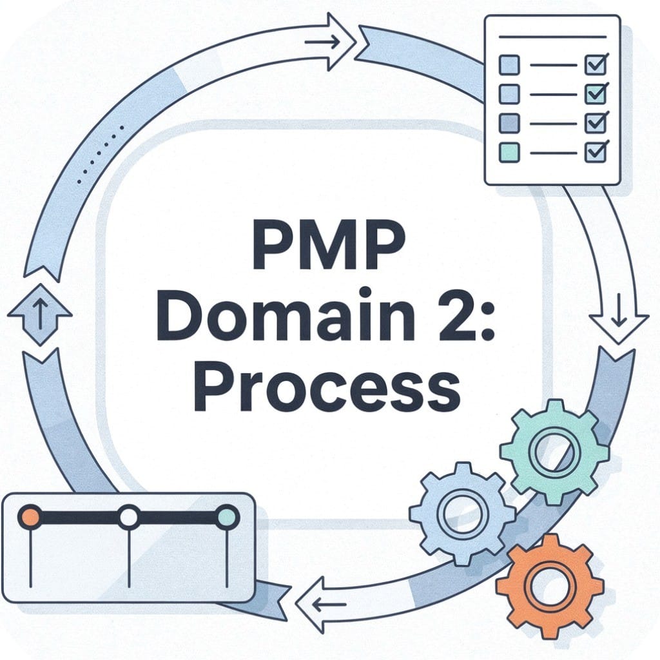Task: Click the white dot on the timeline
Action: click(x=130, y=517)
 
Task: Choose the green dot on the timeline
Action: click(x=227, y=517)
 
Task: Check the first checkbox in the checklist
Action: click(x=594, y=65)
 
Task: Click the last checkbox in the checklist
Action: click(x=594, y=152)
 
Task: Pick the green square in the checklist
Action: click(x=509, y=152)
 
